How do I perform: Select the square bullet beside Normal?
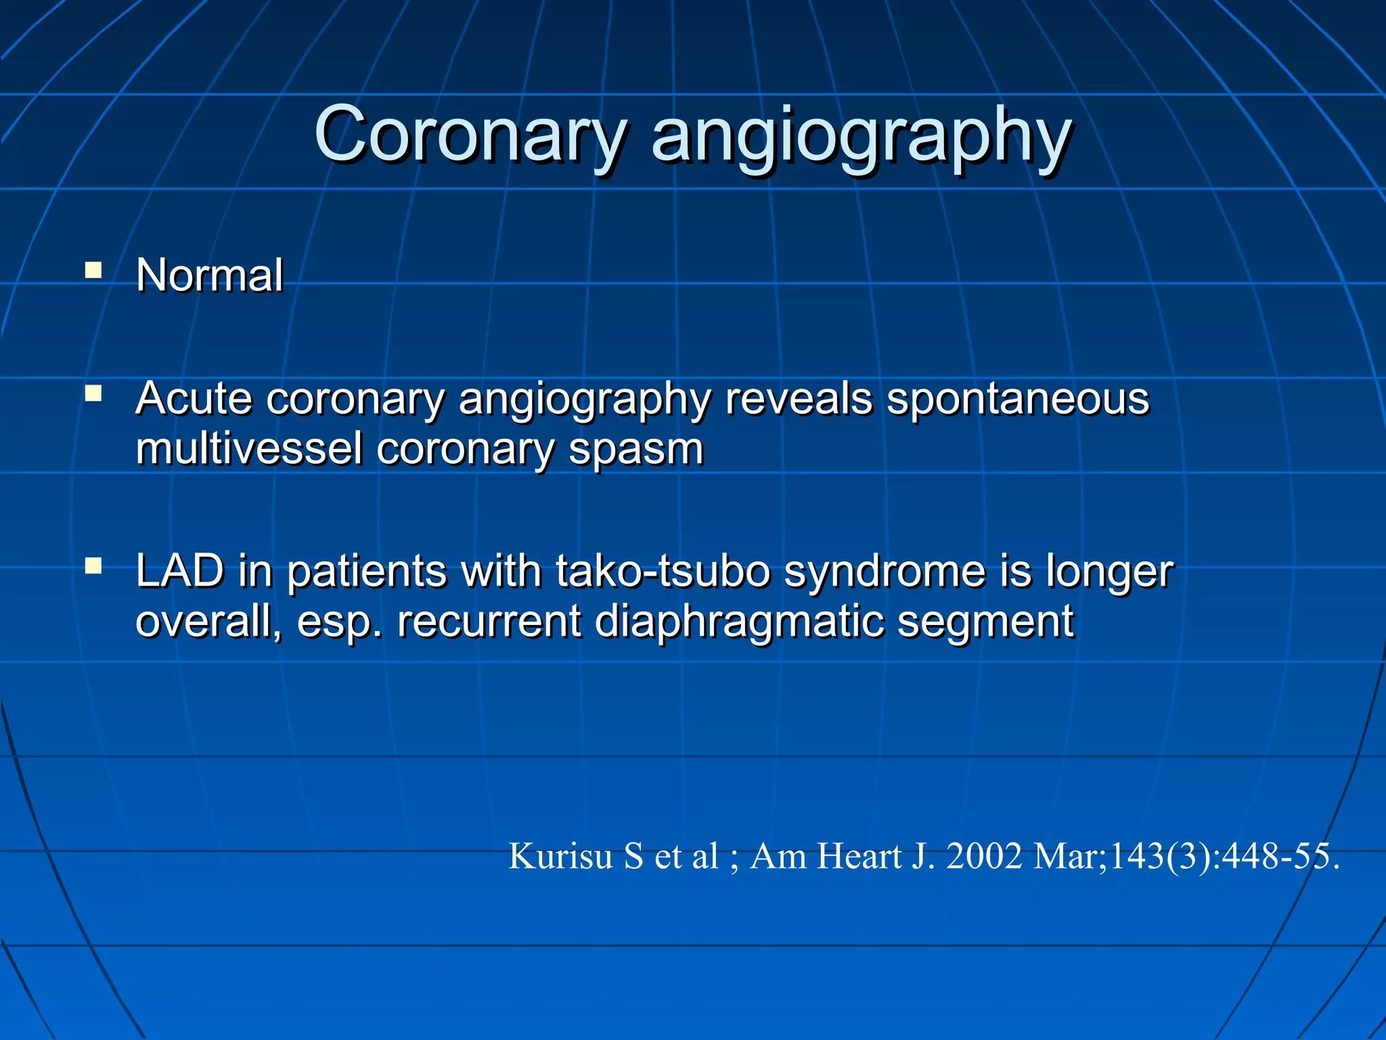point(93,272)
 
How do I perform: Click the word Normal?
point(209,276)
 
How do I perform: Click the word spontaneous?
point(1018,399)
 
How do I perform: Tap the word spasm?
point(636,450)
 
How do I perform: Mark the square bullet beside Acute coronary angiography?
point(93,393)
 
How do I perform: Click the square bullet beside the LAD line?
point(93,565)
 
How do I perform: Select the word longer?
point(1109,573)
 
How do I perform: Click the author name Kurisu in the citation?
point(560,856)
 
